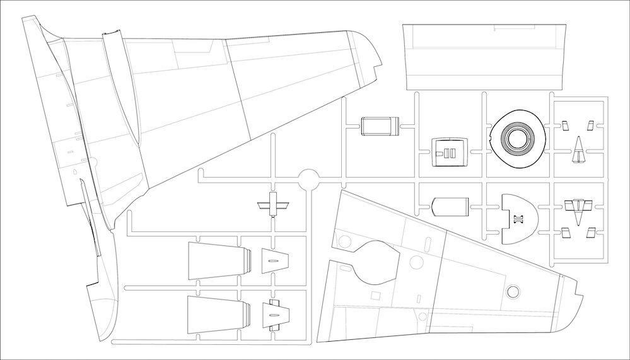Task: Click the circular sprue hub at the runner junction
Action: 308,179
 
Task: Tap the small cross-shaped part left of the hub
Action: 273,205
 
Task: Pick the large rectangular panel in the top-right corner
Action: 485,57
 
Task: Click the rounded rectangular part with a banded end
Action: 380,126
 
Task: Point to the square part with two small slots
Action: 449,151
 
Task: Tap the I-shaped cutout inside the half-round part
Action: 518,219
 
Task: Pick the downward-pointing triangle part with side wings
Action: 578,209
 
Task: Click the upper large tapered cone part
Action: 214,261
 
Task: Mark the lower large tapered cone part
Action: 214,314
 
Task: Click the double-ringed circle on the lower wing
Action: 513,291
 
